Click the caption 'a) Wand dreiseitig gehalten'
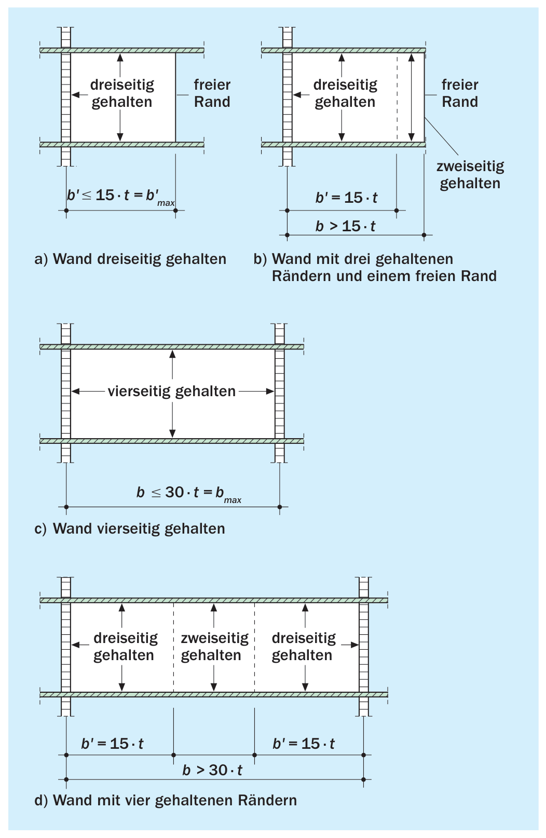point(130,259)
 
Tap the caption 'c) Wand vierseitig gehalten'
point(130,528)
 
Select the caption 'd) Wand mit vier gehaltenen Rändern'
point(166,800)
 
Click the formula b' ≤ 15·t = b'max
point(120,197)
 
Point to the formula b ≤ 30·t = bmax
point(189,494)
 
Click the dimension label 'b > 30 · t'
point(212,770)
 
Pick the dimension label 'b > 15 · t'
point(345,226)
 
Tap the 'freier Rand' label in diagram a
point(212,93)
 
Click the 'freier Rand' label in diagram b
point(460,93)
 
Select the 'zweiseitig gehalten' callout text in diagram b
point(470,175)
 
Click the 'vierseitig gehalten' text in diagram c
point(171,392)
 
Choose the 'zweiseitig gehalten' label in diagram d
point(214,647)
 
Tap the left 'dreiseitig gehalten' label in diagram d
point(126,647)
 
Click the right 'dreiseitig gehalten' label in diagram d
point(304,647)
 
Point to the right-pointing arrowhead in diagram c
point(270,392)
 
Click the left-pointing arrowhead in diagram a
point(75,95)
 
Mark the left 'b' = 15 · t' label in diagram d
point(112,743)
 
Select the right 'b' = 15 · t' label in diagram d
point(304,743)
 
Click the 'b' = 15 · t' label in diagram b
point(346,198)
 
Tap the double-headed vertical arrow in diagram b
point(411,97)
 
